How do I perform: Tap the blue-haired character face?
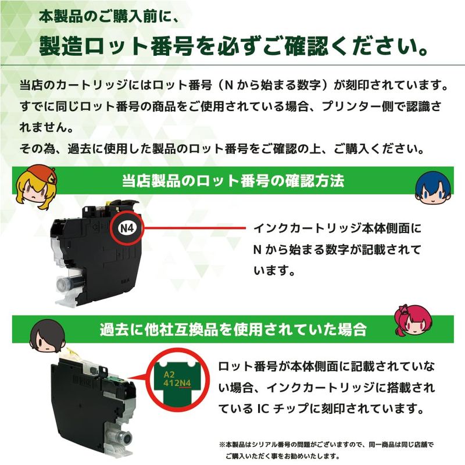[433, 187]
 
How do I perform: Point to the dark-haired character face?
[48, 336]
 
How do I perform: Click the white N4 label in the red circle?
[127, 228]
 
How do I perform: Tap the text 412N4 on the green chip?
[177, 383]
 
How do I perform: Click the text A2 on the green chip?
[169, 374]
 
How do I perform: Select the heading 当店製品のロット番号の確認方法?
[233, 181]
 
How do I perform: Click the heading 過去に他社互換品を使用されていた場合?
[233, 329]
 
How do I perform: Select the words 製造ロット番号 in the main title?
[117, 46]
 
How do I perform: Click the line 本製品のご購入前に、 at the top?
[109, 17]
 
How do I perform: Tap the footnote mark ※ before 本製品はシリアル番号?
[222, 445]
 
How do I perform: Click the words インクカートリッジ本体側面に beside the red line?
[338, 228]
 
